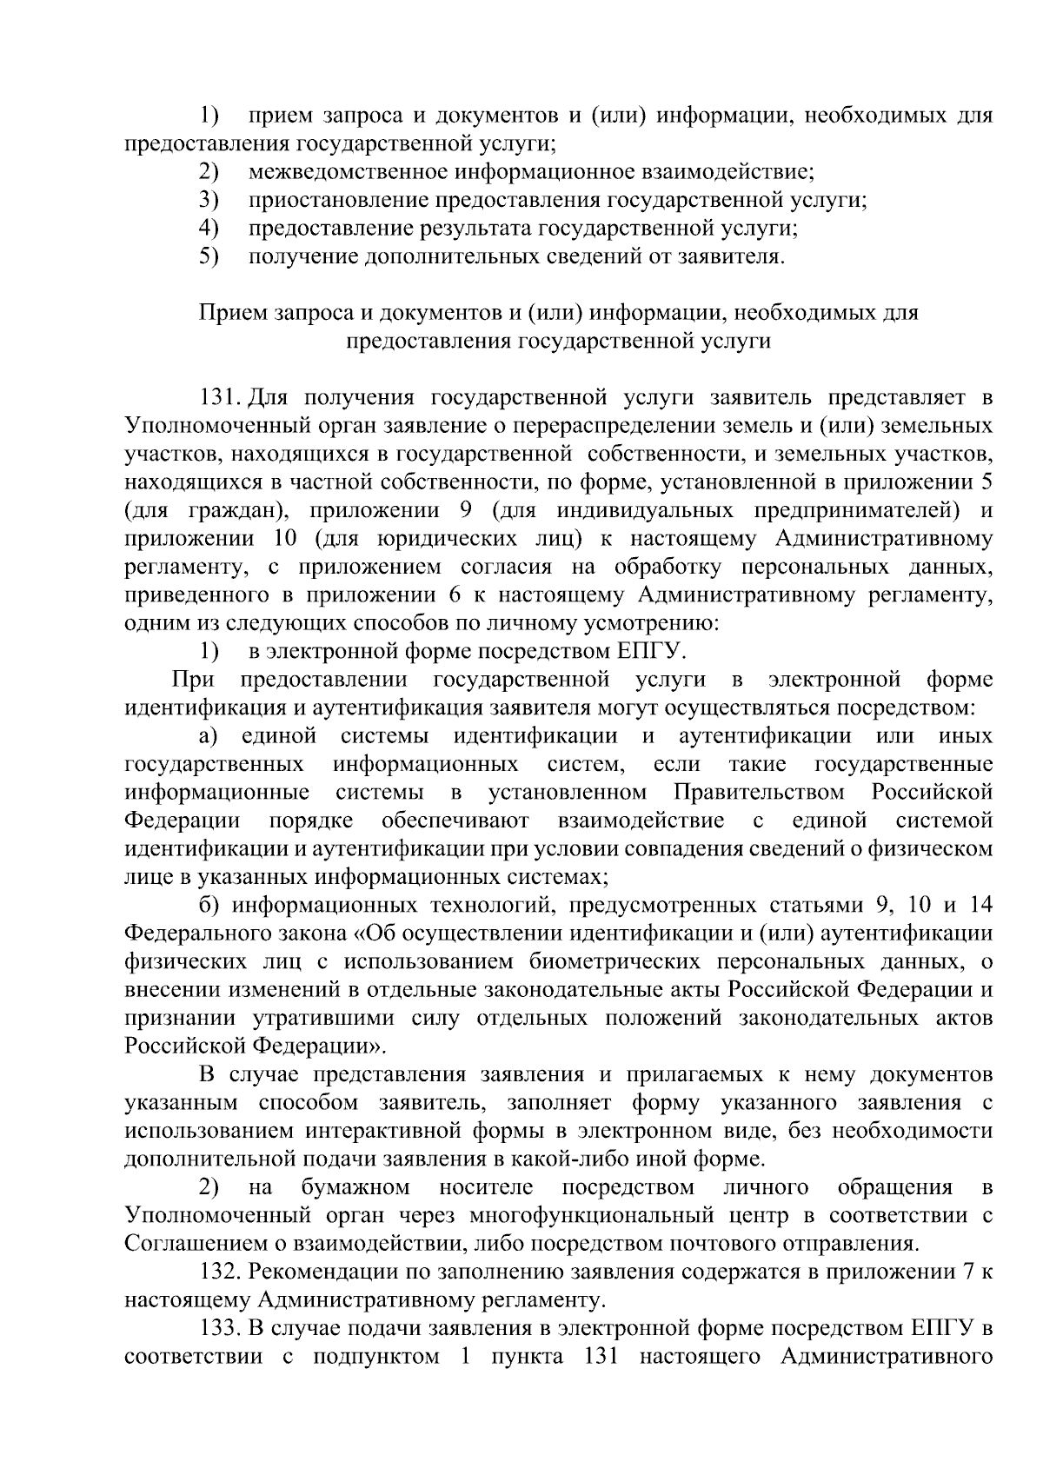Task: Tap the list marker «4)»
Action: tap(208, 229)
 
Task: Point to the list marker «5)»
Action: tap(208, 256)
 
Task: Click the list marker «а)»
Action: tap(208, 736)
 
